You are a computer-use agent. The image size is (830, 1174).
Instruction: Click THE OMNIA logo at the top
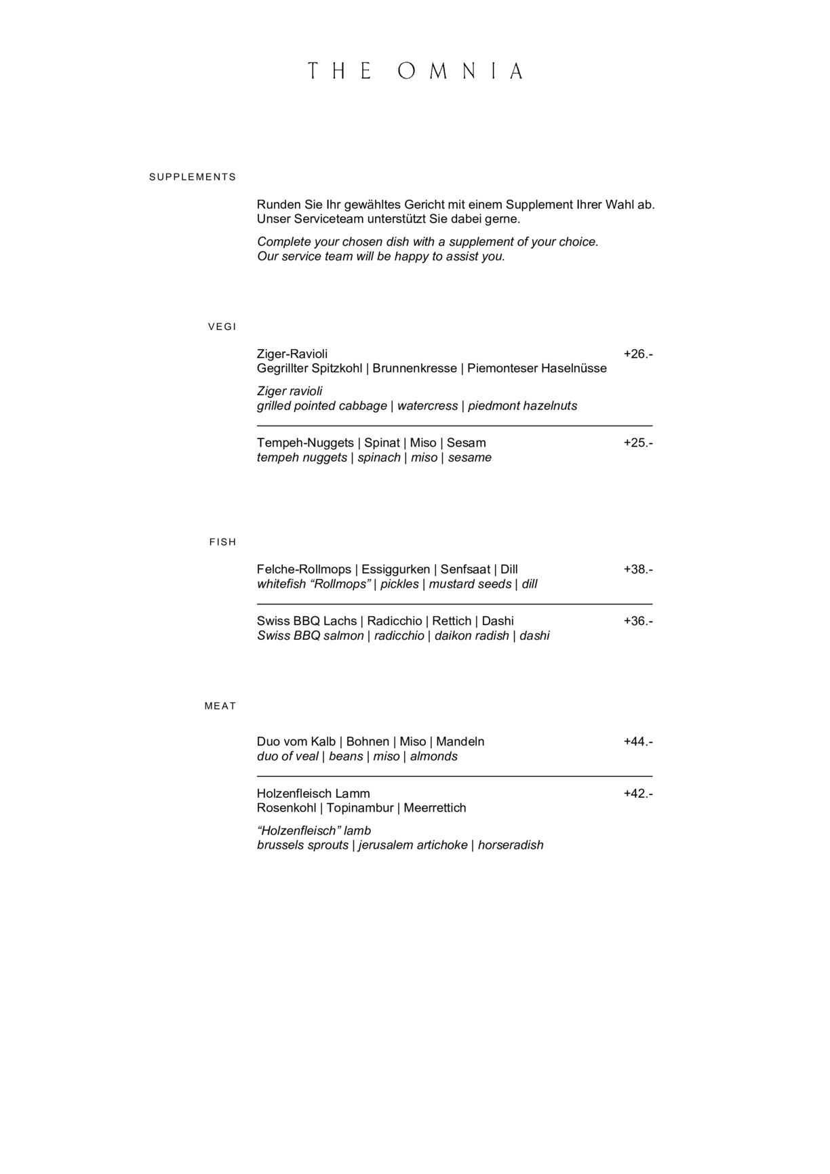click(x=415, y=71)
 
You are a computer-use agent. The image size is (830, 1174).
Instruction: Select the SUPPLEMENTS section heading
click(x=193, y=177)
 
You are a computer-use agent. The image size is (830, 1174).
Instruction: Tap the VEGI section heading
click(x=222, y=327)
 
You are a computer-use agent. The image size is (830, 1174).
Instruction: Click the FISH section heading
click(x=222, y=542)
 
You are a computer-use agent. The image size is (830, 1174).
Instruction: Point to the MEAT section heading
click(x=220, y=706)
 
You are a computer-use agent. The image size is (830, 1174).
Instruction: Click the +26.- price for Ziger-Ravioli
click(x=638, y=354)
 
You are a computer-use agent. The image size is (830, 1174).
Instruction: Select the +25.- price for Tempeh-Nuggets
click(x=638, y=443)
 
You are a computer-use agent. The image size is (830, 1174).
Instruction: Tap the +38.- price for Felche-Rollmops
click(x=638, y=569)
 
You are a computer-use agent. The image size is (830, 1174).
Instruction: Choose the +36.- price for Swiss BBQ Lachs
click(x=638, y=621)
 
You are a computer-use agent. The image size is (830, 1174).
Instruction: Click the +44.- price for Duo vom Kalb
click(x=638, y=742)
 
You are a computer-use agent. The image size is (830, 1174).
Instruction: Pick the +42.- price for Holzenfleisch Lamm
click(x=638, y=793)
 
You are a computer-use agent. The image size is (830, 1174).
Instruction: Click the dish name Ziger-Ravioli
click(x=292, y=354)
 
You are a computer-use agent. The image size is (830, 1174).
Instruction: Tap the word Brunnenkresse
click(x=414, y=368)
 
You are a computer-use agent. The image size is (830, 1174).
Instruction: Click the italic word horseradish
click(x=511, y=845)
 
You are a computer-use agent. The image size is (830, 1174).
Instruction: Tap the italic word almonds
click(x=434, y=756)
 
